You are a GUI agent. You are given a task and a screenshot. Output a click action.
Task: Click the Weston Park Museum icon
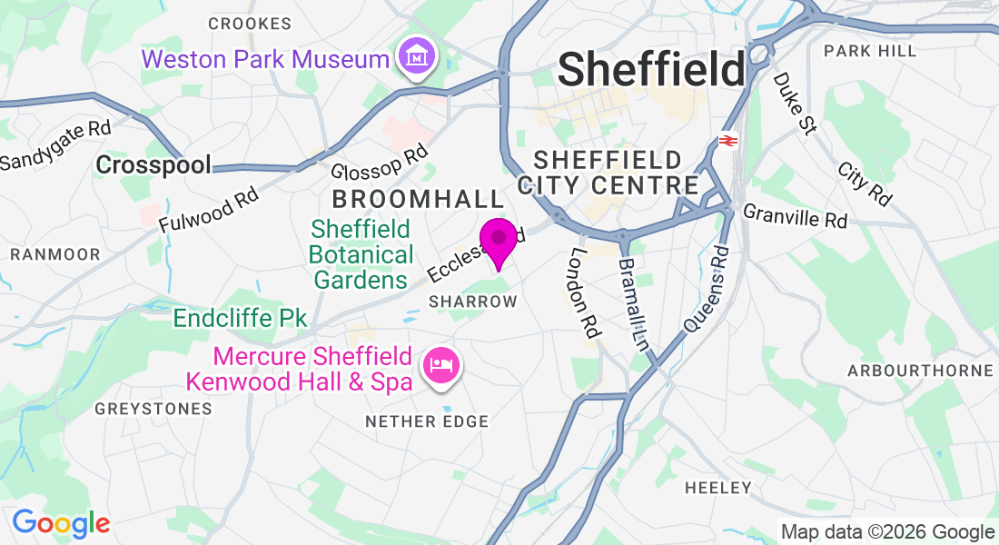pos(417,58)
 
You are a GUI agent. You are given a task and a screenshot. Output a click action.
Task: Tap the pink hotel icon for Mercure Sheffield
pos(442,367)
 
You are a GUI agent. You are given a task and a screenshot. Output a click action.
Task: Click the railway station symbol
pos(727,141)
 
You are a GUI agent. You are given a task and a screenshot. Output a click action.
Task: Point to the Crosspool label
pos(153,164)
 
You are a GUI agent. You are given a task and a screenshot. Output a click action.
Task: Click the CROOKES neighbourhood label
pos(250,24)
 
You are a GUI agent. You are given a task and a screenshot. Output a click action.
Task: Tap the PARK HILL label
pos(871,51)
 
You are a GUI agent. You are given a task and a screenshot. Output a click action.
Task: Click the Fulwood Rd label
pos(208,208)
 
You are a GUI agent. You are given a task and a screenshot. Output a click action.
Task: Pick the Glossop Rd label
pos(379,162)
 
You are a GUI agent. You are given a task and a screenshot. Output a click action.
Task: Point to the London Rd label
pos(583,292)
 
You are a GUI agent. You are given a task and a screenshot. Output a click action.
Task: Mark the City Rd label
pos(864,184)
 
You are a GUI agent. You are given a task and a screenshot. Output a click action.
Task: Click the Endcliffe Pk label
pos(241,319)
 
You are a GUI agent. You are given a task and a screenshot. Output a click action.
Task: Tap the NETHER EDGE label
pos(426,421)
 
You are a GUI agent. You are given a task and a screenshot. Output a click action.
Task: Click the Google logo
pos(61,523)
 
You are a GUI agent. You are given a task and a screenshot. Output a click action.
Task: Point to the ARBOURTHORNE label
pos(920,371)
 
